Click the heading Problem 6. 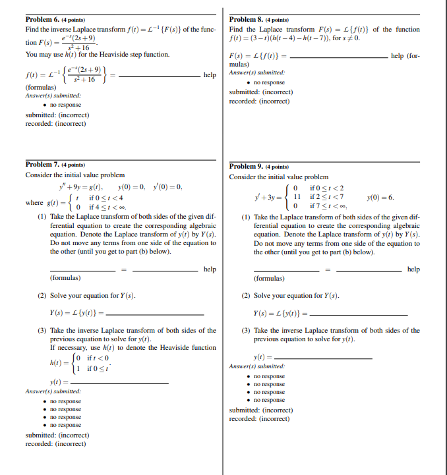click(x=43, y=20)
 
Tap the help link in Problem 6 click(x=210, y=75)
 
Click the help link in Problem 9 click(x=413, y=269)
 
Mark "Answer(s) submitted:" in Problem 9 click(x=257, y=366)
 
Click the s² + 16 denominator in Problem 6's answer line click(x=86, y=80)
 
